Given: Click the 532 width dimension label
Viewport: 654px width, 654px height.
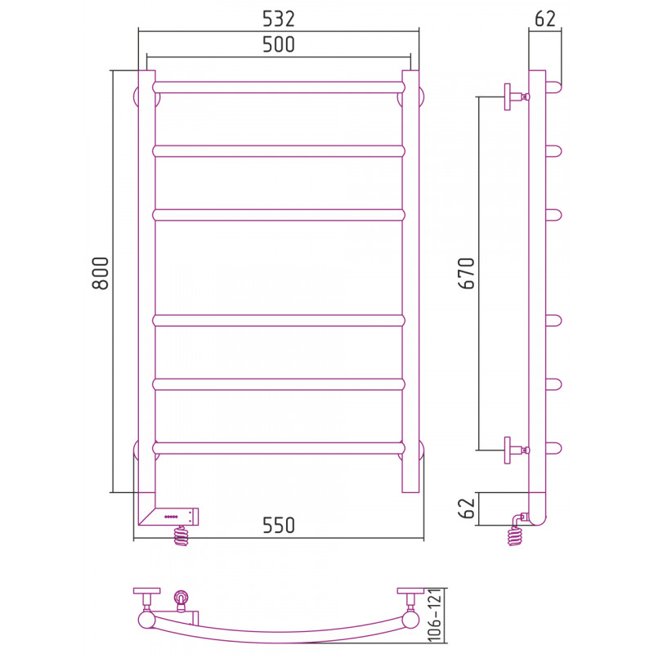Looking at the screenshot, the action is click(278, 19).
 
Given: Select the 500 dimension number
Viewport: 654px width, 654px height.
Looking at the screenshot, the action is click(278, 45).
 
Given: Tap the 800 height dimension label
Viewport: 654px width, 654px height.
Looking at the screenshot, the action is click(100, 273).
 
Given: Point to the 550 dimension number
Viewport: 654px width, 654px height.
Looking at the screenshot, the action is click(279, 525).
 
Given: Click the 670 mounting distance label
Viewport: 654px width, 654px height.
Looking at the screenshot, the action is click(466, 273).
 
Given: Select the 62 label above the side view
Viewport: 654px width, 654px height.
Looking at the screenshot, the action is click(545, 19).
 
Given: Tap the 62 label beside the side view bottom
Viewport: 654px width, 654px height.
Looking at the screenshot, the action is click(466, 508).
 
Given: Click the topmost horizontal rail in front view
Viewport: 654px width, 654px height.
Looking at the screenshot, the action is click(279, 87).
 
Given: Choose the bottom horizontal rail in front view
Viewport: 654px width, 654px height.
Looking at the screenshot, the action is click(279, 448).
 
